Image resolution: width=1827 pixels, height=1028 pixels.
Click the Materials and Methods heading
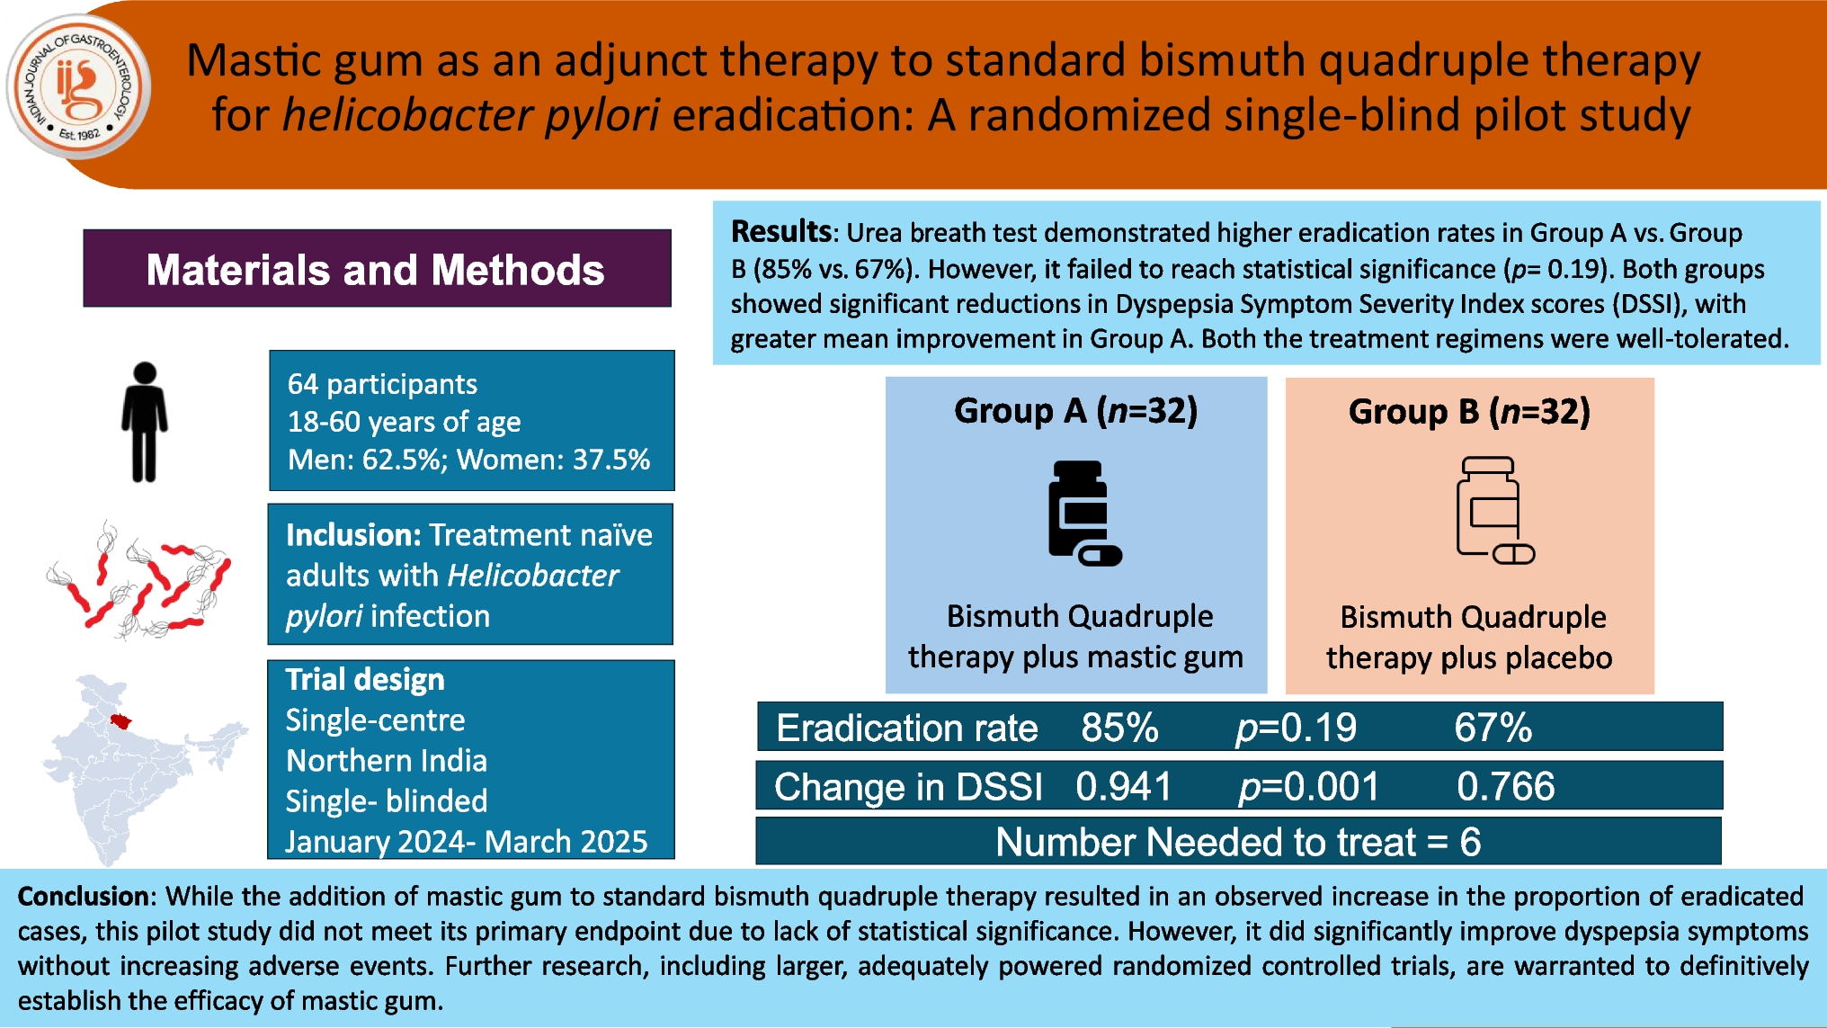[x=376, y=269]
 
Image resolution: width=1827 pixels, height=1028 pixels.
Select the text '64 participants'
[x=382, y=384]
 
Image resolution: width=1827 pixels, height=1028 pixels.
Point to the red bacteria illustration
[x=140, y=581]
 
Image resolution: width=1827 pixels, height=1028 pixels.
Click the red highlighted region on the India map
[x=120, y=721]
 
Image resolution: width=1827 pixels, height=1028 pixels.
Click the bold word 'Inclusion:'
[x=353, y=535]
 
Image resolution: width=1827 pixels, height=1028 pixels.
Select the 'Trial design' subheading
[x=365, y=679]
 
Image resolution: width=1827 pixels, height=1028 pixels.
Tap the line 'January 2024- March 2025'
[x=466, y=841]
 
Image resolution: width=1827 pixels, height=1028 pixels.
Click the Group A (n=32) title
[x=1075, y=411]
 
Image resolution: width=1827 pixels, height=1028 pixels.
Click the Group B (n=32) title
[x=1469, y=412]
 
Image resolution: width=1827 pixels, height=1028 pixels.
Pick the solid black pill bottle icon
[x=1082, y=513]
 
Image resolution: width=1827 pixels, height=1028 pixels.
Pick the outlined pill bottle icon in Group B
[x=1493, y=510]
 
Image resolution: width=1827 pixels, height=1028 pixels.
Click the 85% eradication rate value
[x=1119, y=728]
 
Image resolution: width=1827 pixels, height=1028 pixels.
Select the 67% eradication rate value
[x=1493, y=728]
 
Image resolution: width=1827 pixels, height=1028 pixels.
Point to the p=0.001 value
[x=1308, y=787]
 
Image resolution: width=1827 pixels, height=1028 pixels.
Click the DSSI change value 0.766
[x=1505, y=787]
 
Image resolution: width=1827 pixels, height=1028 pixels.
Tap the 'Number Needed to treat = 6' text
[x=1238, y=842]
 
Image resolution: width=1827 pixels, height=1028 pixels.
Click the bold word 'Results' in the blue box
[x=780, y=232]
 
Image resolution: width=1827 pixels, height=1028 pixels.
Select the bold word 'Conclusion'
[x=83, y=896]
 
